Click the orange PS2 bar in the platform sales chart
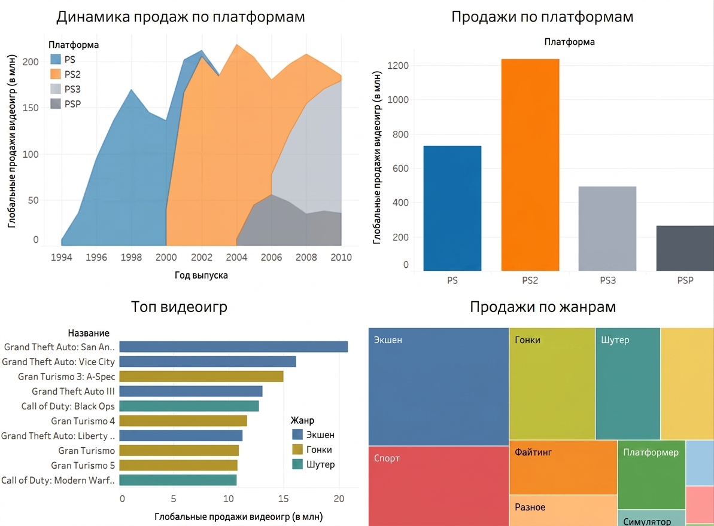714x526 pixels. [530, 164]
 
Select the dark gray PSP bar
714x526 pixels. [685, 248]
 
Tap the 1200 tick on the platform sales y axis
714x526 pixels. [398, 66]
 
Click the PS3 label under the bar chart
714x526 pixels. [607, 280]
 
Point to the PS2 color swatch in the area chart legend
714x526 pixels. [56, 74]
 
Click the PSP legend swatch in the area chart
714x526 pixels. [56, 103]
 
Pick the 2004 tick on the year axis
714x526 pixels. [236, 257]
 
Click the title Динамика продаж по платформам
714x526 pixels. [180, 17]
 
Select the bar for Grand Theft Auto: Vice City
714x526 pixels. [208, 362]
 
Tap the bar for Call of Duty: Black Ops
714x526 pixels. [189, 406]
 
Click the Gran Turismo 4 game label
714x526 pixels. [83, 421]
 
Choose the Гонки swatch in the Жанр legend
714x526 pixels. [297, 449]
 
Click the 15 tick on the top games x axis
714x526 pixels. [283, 499]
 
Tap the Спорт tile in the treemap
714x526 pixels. [439, 486]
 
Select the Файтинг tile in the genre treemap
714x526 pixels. [563, 467]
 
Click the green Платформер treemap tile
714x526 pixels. [652, 475]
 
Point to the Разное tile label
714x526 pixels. [530, 507]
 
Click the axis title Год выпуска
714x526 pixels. [201, 275]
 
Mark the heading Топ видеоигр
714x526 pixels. [179, 307]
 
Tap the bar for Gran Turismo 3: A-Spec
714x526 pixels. [201, 377]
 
